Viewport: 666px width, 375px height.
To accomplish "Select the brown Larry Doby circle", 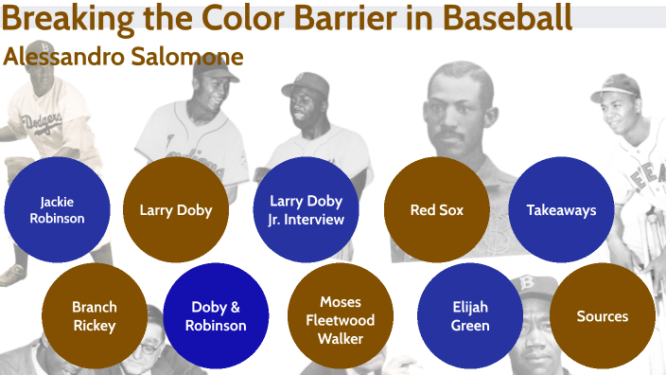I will [176, 210].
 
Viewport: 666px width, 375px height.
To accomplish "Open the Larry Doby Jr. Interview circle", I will [306, 210].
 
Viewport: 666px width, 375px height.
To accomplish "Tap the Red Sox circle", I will [436, 210].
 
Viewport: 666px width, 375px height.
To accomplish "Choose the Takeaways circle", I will [561, 210].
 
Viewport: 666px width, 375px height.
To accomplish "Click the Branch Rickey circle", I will [95, 316].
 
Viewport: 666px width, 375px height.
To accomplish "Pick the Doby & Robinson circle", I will [218, 316].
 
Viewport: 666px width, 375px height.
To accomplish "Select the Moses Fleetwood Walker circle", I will [341, 320].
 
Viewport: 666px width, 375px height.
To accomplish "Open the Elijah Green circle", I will [470, 316].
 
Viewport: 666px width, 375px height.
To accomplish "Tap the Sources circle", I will [602, 316].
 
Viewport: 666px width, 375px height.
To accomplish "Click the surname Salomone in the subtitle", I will [189, 56].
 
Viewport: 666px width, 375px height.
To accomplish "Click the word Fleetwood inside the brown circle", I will [341, 320].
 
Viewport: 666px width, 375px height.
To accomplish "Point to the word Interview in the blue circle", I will [316, 220].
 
